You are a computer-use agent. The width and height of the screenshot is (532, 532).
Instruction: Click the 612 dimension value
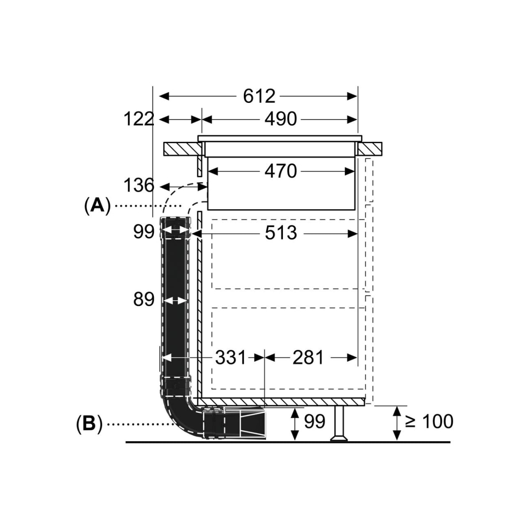(x=259, y=96)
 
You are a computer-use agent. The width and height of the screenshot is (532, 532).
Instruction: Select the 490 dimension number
(x=281, y=119)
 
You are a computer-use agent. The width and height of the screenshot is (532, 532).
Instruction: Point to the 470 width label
(x=281, y=171)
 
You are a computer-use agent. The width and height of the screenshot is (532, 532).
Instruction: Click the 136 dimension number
(x=139, y=185)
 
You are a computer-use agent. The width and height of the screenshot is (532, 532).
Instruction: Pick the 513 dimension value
(x=281, y=233)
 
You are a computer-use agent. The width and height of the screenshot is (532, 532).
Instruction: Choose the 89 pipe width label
(x=144, y=299)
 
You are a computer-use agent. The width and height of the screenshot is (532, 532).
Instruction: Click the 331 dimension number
(x=230, y=358)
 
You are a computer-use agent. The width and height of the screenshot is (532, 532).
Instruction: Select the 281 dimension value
(x=308, y=358)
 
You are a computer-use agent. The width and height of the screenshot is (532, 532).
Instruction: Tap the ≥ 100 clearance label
(x=429, y=422)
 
